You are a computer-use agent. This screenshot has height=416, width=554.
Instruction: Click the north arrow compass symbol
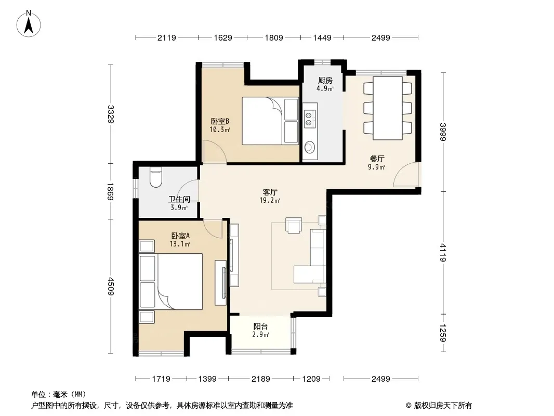[29, 23]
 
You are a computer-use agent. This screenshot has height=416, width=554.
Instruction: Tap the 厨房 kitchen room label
[325, 80]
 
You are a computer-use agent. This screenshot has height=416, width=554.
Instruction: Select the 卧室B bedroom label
[220, 121]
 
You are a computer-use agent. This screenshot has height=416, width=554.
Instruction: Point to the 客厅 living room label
[270, 192]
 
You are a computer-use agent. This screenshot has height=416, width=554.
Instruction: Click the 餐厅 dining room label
[377, 159]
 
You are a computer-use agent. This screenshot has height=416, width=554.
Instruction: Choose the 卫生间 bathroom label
[179, 199]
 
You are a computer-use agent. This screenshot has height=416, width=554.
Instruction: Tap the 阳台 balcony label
[260, 326]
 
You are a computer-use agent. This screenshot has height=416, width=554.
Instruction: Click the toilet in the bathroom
[155, 177]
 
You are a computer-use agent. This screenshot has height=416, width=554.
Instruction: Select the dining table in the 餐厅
[388, 108]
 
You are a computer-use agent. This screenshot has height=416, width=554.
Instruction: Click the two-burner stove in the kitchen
[310, 119]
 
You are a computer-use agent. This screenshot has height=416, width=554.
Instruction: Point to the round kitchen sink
[310, 147]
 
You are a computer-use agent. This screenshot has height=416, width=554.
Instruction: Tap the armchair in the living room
[294, 225]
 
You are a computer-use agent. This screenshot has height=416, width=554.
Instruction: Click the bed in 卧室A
[171, 281]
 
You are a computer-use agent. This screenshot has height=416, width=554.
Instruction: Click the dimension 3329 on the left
[111, 114]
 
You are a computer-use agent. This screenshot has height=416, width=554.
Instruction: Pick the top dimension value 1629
[223, 37]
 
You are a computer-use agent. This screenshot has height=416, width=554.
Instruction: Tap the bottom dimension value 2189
[261, 379]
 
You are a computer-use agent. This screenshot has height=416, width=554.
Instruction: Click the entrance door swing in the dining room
[406, 174]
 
